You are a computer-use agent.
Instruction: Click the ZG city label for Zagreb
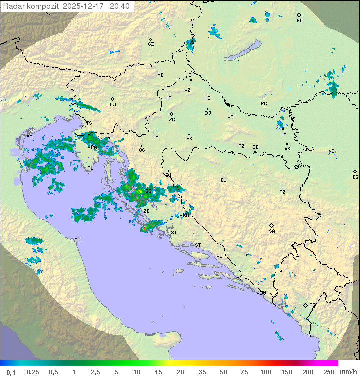(172, 120)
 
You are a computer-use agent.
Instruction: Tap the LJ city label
(113, 105)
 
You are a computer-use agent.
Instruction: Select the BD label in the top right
(299, 21)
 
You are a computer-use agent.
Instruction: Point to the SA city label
(272, 231)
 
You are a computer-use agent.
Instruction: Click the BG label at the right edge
(355, 177)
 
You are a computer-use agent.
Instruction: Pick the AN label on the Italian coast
(77, 240)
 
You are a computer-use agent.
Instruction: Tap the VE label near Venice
(29, 136)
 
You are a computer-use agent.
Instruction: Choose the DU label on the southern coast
(262, 293)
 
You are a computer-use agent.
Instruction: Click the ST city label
(198, 245)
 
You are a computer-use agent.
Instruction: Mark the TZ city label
(283, 192)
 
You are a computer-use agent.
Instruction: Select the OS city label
(283, 134)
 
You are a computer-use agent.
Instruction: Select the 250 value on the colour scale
(328, 372)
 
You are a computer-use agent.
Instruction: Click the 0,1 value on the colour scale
(11, 372)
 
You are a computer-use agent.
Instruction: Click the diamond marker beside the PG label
(305, 305)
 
